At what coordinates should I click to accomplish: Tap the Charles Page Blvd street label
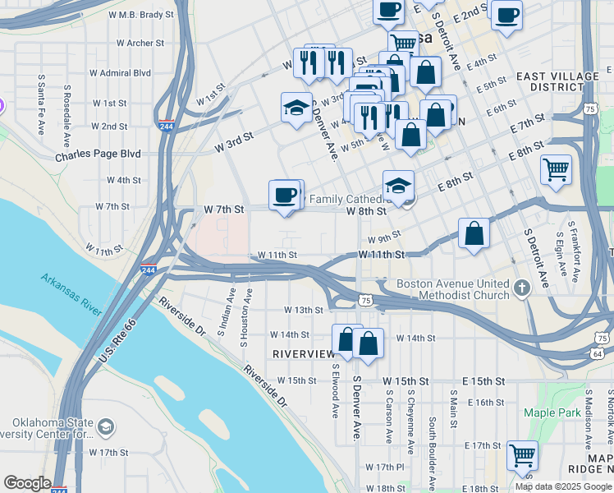pos(98,154)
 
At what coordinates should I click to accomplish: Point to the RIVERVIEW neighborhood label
pos(303,353)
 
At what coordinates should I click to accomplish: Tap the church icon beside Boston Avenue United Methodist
pos(523,288)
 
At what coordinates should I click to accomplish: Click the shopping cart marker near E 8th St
pos(557,170)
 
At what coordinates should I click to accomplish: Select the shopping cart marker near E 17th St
pos(522,454)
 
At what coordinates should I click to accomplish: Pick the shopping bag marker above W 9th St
pos(474,233)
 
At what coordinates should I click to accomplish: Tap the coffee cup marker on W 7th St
pos(285,196)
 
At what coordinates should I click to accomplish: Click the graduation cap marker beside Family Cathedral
pos(398,186)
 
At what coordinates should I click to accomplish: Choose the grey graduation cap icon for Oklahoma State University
pos(105,427)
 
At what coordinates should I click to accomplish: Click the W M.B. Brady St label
pos(146,15)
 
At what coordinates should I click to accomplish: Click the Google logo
pos(27,483)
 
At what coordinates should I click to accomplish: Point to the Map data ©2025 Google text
pos(562,486)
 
